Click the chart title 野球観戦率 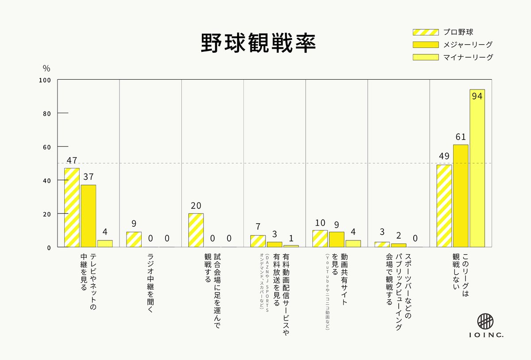pos(258,43)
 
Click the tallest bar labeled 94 pos(477,168)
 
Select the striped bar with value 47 pos(72,207)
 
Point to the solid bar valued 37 pos(88,216)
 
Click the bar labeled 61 pos(460,196)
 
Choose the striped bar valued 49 pos(444,206)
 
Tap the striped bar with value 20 pos(196,230)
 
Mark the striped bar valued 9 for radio pos(134,239)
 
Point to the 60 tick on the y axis pos(47,147)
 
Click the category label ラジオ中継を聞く pos(150,283)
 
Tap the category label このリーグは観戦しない pos(460,277)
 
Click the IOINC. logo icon pos(486,321)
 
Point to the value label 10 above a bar pos(319,223)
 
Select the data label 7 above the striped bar pos(258,227)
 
